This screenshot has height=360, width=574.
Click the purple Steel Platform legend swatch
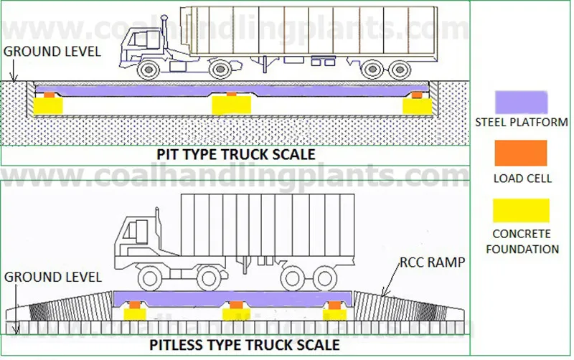pyautogui.click(x=521, y=101)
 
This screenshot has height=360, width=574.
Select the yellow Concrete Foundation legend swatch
pyautogui.click(x=521, y=210)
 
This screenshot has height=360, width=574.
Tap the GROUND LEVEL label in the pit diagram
pyautogui.click(x=52, y=51)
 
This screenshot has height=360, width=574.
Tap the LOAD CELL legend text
pyautogui.click(x=522, y=178)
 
